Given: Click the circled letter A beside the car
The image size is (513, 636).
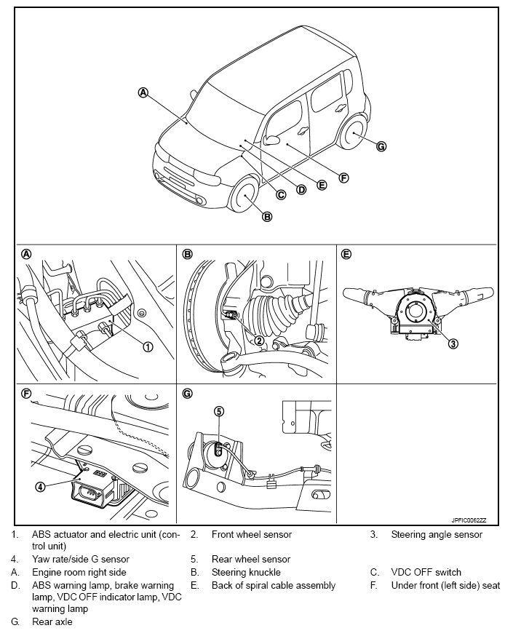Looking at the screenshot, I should pos(143,92).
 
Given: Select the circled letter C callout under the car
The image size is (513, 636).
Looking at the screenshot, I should pos(281,194).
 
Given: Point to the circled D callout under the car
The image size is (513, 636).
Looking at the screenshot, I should pos(301,189).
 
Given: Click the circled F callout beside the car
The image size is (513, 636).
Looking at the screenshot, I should pos(343,177).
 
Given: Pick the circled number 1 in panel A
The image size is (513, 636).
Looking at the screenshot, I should pos(148,346).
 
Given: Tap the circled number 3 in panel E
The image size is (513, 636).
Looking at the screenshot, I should pos(453,343).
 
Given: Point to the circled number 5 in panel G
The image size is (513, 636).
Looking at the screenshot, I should pos(219,411).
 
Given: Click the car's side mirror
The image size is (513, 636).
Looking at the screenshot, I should pos(272,140).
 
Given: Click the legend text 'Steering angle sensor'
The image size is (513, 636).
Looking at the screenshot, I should pos(437,535).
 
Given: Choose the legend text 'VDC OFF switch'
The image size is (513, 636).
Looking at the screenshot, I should pos(426,572).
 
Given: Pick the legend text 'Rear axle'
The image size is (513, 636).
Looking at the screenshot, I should pos(52,622).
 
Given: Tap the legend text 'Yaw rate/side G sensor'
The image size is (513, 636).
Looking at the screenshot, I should pos(81,560).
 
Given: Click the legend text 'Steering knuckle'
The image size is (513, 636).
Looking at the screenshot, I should pos(246,572).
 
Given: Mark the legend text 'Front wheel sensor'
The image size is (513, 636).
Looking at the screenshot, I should pos(252,535).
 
